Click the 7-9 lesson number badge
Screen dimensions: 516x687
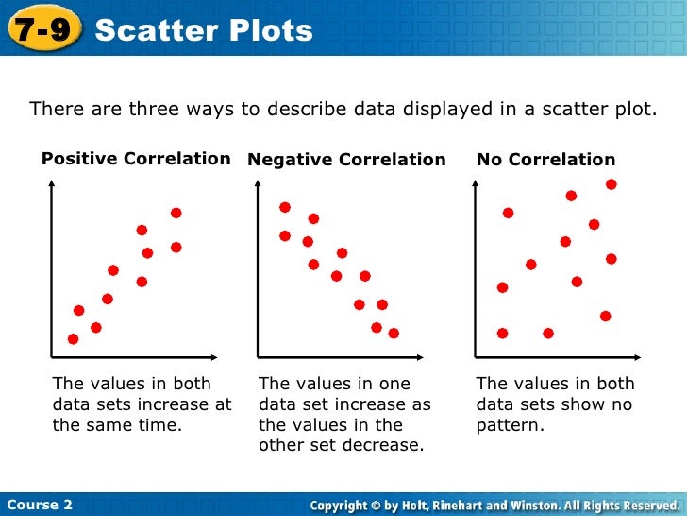pyautogui.click(x=39, y=30)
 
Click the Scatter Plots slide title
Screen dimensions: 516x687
pyautogui.click(x=204, y=30)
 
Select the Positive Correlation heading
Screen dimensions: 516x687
pyautogui.click(x=136, y=159)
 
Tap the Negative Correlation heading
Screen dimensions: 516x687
pyautogui.click(x=346, y=160)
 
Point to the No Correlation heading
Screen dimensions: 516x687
pyautogui.click(x=545, y=160)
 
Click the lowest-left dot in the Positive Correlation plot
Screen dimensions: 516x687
pyautogui.click(x=73, y=339)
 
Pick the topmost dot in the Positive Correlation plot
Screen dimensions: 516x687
pyautogui.click(x=176, y=213)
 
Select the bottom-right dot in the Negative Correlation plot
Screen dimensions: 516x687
pyautogui.click(x=394, y=333)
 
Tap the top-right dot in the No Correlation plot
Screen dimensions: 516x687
pyautogui.click(x=612, y=184)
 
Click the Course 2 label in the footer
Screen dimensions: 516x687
pyautogui.click(x=39, y=505)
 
